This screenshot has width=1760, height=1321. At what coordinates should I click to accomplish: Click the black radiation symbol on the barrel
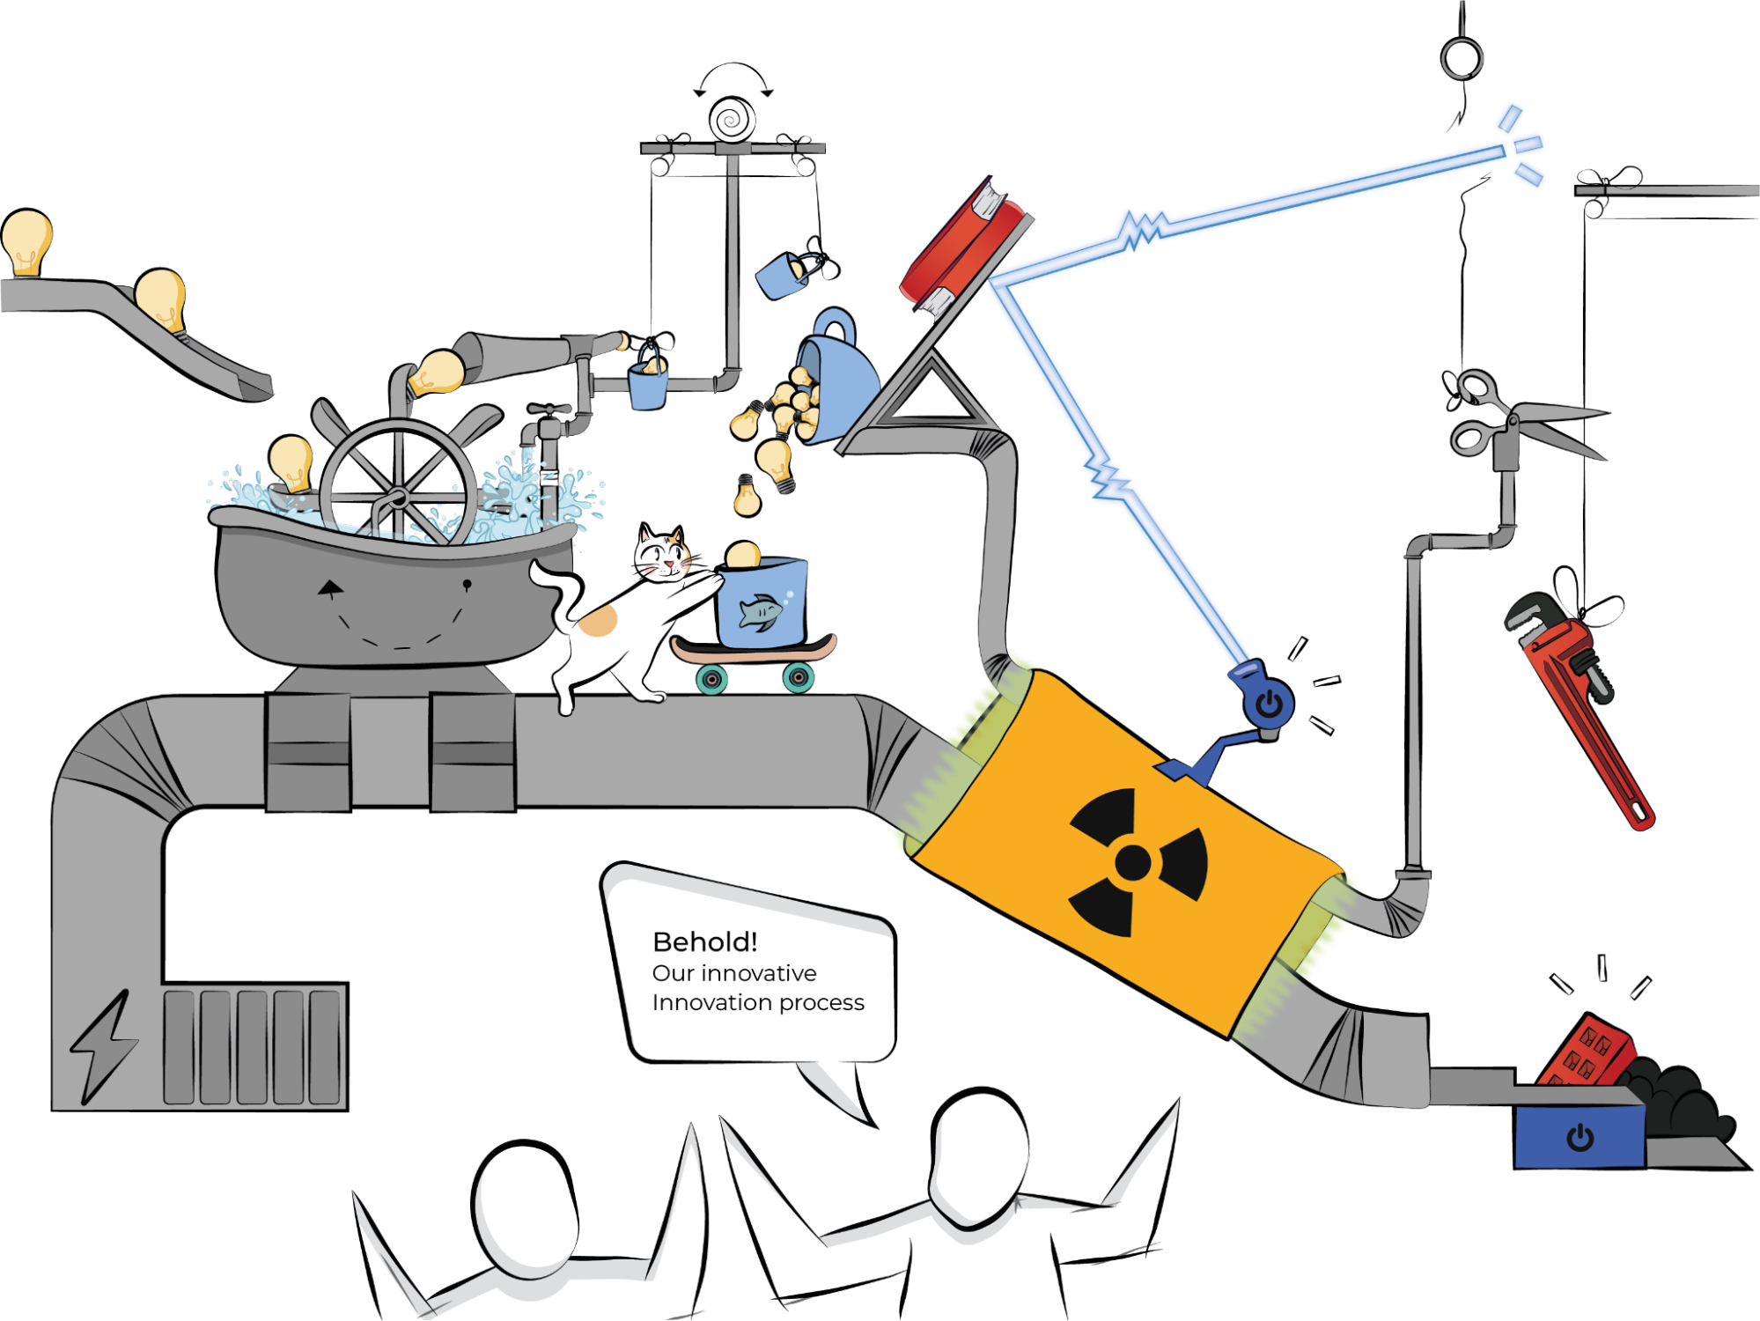[1133, 861]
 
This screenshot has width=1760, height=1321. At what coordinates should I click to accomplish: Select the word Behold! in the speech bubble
[704, 942]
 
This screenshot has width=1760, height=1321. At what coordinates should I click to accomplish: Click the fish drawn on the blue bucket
[760, 611]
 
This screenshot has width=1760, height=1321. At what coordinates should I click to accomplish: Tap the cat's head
[662, 555]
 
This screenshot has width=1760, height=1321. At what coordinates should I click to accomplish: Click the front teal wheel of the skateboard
[799, 678]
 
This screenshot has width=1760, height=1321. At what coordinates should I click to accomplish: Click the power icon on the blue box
[1580, 1138]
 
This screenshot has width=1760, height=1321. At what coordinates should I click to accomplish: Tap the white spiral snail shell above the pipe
[733, 120]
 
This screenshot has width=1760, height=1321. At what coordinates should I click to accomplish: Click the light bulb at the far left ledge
[26, 242]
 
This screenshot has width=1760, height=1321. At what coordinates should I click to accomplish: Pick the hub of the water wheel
[397, 498]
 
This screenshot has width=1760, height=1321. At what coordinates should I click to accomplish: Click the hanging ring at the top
[1462, 58]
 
